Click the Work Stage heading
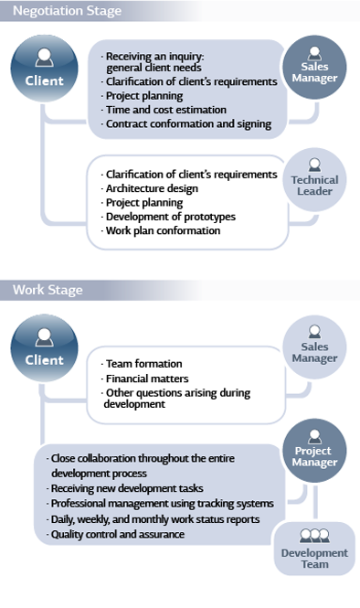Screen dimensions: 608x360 [x=47, y=290]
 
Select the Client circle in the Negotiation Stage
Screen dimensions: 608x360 [x=44, y=70]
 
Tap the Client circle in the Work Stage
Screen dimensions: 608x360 [x=44, y=349]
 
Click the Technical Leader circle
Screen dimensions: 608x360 [x=313, y=179]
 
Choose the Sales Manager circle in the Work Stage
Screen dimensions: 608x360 [x=313, y=348]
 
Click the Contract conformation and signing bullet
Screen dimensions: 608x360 [x=188, y=123]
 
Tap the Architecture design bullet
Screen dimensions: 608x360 [x=152, y=188]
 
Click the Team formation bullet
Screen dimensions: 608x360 [x=143, y=363]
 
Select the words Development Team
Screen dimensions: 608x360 [x=313, y=559]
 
